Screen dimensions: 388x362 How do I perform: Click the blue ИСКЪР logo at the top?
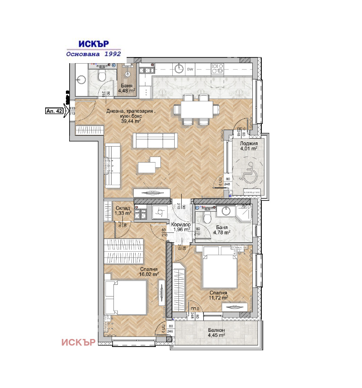tap(94, 43)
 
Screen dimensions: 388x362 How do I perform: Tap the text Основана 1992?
tap(94, 54)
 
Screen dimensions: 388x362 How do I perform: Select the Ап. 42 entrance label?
tap(54, 111)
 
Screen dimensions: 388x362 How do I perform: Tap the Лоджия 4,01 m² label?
tap(248, 146)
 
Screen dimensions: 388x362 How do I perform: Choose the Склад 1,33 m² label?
tap(123, 211)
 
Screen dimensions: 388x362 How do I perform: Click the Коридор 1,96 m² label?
tap(181, 227)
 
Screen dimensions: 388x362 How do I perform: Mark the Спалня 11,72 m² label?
tap(218, 295)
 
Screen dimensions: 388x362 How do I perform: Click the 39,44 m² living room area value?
tap(130, 121)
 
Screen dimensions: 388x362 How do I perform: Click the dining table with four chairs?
tap(196, 110)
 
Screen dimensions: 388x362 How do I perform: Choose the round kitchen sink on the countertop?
tap(179, 69)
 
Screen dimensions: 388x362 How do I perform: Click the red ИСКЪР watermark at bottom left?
tap(79, 342)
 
